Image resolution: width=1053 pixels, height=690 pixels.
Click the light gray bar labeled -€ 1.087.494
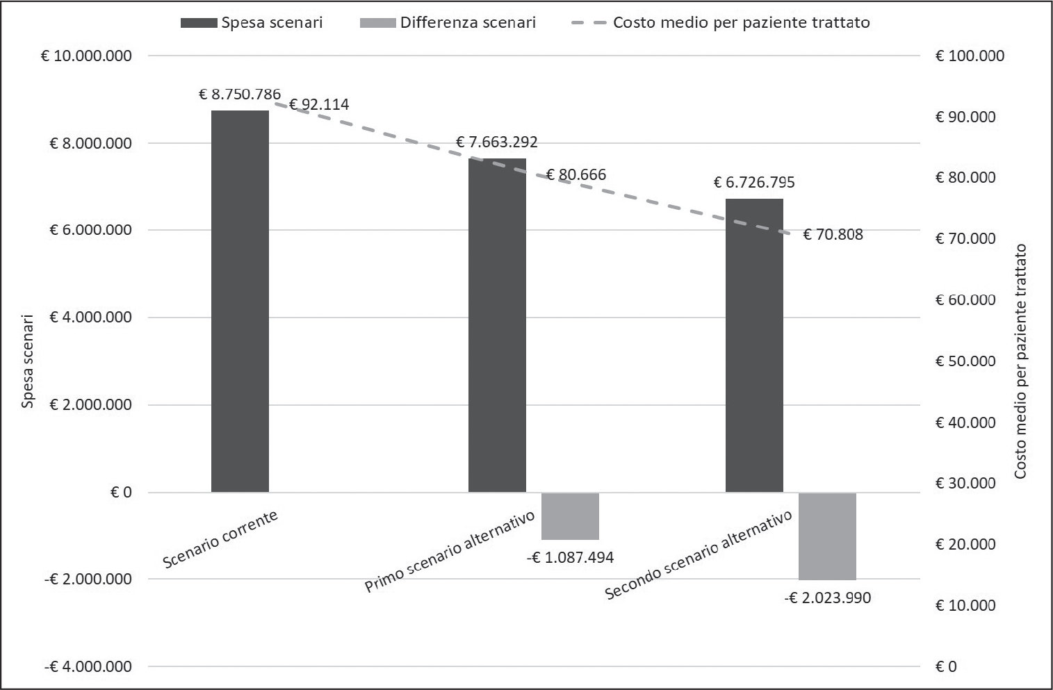click(570, 516)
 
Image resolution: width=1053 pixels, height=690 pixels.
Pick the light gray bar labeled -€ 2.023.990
click(827, 536)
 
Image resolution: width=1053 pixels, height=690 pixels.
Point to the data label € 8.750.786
click(240, 95)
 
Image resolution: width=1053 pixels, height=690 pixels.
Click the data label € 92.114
click(319, 105)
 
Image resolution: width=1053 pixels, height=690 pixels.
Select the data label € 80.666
click(576, 174)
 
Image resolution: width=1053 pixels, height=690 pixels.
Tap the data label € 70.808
click(833, 235)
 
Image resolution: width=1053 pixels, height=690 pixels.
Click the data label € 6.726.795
click(754, 183)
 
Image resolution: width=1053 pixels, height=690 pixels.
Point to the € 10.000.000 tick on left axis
click(86, 56)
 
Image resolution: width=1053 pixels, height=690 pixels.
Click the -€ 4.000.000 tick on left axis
click(88, 667)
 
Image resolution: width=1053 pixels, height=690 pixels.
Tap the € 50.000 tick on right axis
click(965, 361)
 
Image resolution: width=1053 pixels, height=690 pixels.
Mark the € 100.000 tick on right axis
click(970, 56)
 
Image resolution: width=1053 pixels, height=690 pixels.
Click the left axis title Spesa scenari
click(28, 361)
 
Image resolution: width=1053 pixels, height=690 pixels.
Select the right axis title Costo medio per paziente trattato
click(1020, 361)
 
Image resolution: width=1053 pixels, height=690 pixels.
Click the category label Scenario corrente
click(220, 539)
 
